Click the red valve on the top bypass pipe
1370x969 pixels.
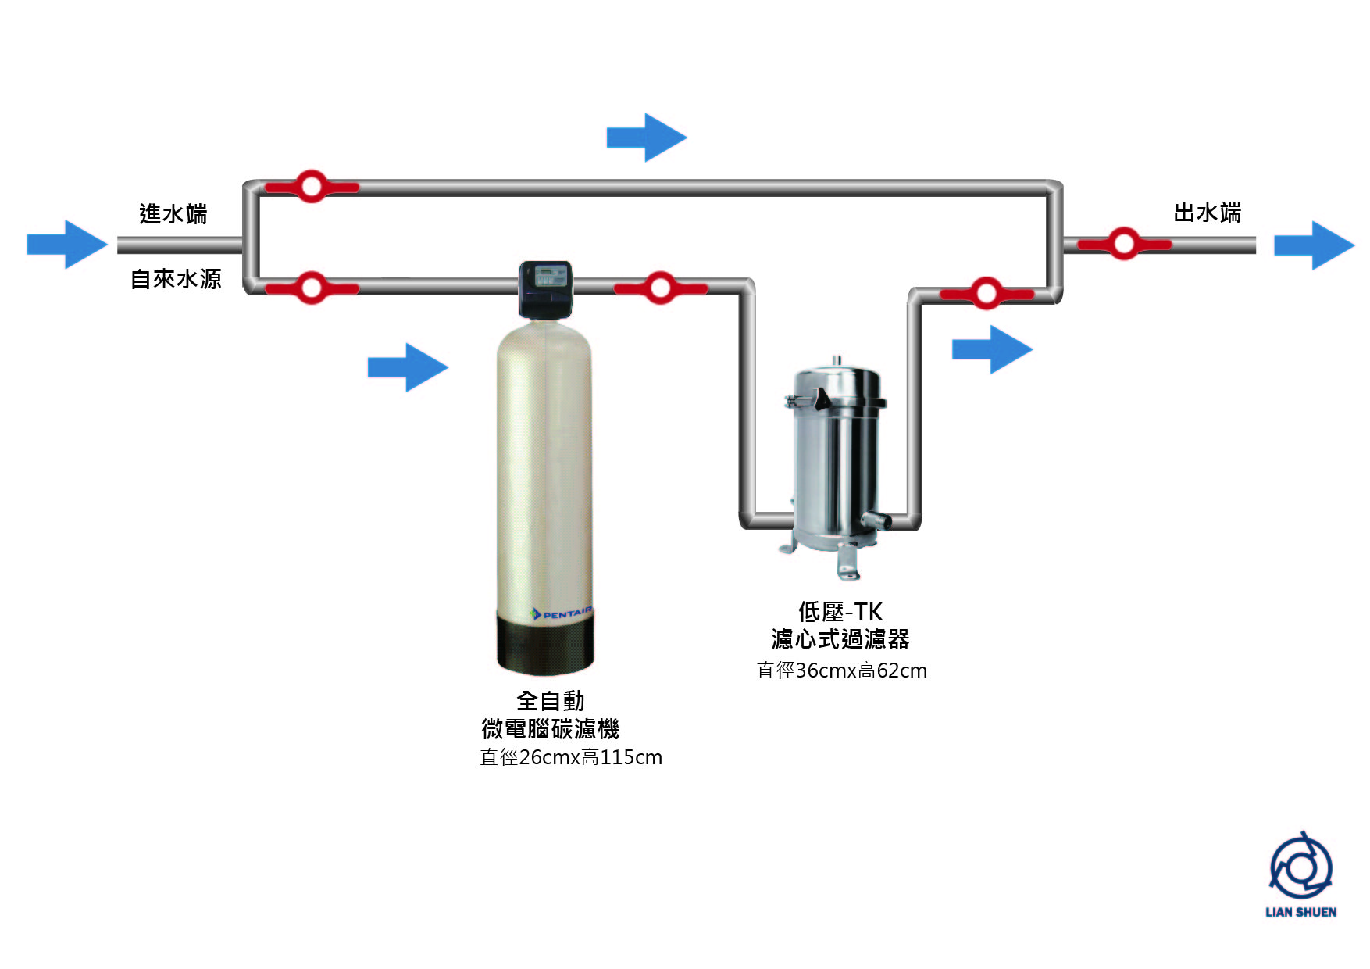click(x=311, y=187)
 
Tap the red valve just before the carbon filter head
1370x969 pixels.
click(x=311, y=288)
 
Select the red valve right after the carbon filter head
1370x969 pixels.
click(x=660, y=288)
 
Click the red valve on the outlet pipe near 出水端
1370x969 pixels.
click(x=1123, y=244)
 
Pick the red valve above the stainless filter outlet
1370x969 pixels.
click(x=986, y=293)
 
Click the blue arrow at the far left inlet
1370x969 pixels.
click(x=67, y=245)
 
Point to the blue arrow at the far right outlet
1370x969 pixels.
click(x=1314, y=245)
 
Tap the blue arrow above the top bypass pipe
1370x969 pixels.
click(x=647, y=138)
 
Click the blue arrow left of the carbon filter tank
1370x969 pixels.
click(x=408, y=367)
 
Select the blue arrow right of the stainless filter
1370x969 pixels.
click(x=992, y=349)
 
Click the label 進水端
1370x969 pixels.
click(x=173, y=213)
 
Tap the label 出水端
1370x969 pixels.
click(x=1207, y=213)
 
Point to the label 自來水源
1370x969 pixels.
click(x=176, y=279)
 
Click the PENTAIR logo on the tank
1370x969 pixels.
click(x=562, y=613)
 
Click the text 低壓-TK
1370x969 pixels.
click(x=840, y=611)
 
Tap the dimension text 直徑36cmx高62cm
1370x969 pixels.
click(x=841, y=670)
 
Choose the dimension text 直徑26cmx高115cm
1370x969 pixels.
click(x=571, y=757)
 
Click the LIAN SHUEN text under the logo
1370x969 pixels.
click(x=1300, y=912)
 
